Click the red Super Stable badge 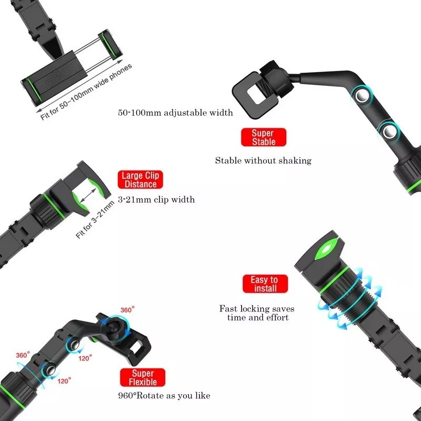[263, 137]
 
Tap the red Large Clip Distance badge [139, 180]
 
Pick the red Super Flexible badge [142, 377]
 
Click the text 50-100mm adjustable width [175, 113]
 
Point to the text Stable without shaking [263, 161]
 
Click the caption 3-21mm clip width [156, 199]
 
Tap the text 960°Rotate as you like [166, 396]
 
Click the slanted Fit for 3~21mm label [95, 220]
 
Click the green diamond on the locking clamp [327, 249]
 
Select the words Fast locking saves [257, 308]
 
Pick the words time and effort [258, 318]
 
